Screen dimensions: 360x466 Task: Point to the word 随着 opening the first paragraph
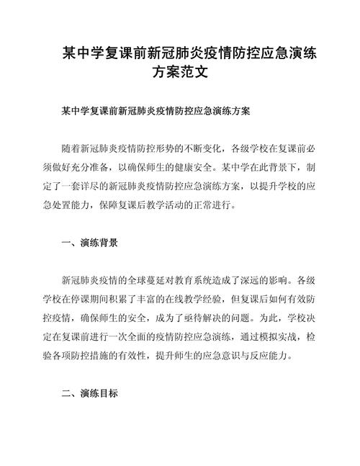pos(73,148)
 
